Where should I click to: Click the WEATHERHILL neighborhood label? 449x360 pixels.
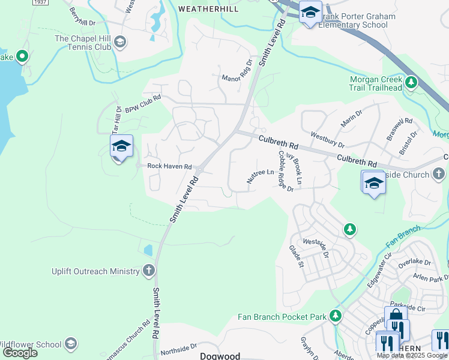(x=208, y=9)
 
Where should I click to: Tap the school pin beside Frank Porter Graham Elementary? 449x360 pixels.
(x=310, y=13)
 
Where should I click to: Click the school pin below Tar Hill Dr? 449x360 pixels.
(x=121, y=146)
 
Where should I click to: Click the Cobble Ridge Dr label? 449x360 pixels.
(x=285, y=171)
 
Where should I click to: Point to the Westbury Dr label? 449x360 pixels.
(x=327, y=140)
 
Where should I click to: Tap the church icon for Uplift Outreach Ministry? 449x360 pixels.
(x=148, y=271)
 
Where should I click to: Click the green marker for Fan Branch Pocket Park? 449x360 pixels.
(x=336, y=316)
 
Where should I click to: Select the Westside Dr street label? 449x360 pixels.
(x=316, y=247)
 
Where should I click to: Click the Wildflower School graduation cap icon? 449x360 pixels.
(x=71, y=344)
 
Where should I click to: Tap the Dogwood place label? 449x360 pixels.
(x=220, y=356)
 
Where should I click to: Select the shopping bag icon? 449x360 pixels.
(x=396, y=317)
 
